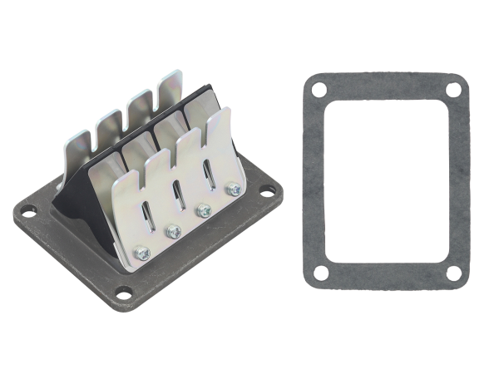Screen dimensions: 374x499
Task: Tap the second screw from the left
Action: tap(174, 232)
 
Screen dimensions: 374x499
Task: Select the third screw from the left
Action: tap(204, 211)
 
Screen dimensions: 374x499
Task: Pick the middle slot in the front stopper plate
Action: tap(177, 195)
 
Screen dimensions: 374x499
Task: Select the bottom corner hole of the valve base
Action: tap(124, 292)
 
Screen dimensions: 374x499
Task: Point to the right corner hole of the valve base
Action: tap(265, 194)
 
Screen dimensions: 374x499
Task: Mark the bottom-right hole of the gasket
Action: tap(453, 273)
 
